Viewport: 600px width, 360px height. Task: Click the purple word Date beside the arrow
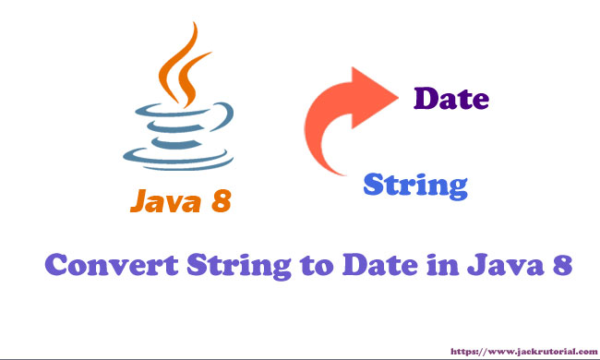pos(451,99)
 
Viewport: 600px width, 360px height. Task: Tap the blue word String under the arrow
pos(415,186)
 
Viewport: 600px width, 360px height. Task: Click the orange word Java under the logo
pos(165,201)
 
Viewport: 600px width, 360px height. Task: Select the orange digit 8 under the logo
pos(222,201)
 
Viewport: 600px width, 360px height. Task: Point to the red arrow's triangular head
pos(372,98)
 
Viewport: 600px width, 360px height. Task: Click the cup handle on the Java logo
pos(224,116)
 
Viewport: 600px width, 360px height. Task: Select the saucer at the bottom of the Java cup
pos(178,160)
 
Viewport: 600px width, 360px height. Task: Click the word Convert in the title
pos(112,265)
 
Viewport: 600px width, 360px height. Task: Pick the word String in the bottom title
pos(239,266)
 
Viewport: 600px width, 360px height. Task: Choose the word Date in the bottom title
pos(380,265)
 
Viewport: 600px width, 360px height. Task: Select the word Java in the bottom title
pos(505,265)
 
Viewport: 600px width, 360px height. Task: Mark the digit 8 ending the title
pos(562,265)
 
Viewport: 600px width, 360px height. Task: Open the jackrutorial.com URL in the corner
pos(524,351)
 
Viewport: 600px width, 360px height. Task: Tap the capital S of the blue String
pos(374,185)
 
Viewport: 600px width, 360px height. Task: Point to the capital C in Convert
pos(56,265)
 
